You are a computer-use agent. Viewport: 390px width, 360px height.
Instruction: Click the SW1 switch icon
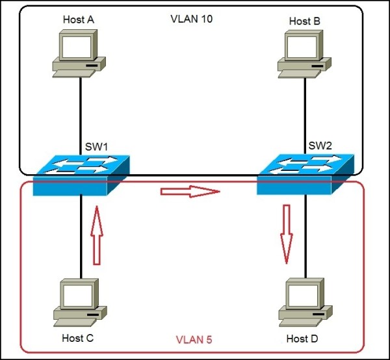(81, 175)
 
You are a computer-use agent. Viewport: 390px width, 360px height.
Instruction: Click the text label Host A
(79, 19)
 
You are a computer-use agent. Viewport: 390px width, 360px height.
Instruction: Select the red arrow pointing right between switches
(190, 192)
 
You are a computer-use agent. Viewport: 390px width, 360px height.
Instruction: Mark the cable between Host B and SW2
(305, 110)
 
